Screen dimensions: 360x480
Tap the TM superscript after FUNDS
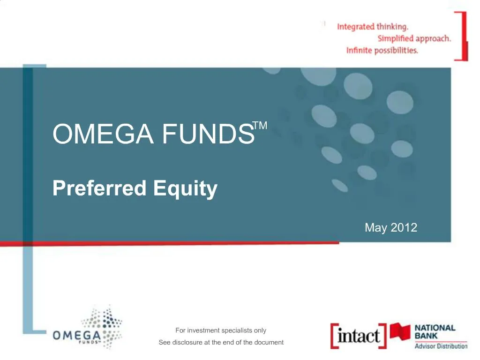(x=260, y=125)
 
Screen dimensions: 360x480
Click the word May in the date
(x=375, y=228)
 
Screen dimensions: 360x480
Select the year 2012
(x=404, y=228)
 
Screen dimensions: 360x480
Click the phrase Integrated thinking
(x=373, y=27)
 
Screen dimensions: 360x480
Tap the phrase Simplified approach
(x=414, y=38)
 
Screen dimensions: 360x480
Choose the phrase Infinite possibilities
(x=382, y=50)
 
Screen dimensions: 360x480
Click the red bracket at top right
(x=464, y=36)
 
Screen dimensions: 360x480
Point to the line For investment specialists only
(x=221, y=330)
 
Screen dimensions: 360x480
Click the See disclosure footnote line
(x=221, y=342)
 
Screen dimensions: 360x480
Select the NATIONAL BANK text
(x=435, y=332)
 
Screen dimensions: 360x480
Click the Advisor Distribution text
(x=441, y=346)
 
